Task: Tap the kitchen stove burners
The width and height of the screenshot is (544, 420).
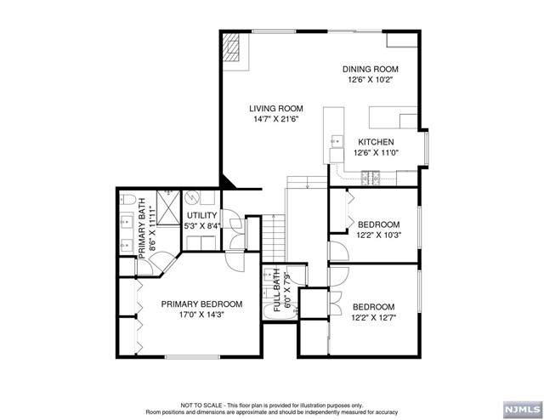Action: pyautogui.click(x=371, y=177)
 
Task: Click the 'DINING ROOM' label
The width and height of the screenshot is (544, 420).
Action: pyautogui.click(x=371, y=70)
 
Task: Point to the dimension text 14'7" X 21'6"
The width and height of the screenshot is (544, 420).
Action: pyautogui.click(x=275, y=120)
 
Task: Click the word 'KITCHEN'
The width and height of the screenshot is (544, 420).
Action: pyautogui.click(x=375, y=142)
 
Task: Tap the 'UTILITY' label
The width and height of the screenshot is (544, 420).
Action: pyautogui.click(x=202, y=216)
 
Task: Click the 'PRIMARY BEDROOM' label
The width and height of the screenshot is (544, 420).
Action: pyautogui.click(x=202, y=304)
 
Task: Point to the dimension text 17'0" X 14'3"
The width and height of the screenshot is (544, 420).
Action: pyautogui.click(x=202, y=315)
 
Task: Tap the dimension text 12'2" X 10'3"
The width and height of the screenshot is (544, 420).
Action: pyautogui.click(x=378, y=236)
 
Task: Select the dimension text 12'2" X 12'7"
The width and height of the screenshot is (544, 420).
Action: pyautogui.click(x=374, y=317)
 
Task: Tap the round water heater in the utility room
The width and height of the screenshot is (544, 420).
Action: pyautogui.click(x=192, y=197)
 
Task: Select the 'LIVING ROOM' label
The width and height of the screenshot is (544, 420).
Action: pyautogui.click(x=275, y=109)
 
